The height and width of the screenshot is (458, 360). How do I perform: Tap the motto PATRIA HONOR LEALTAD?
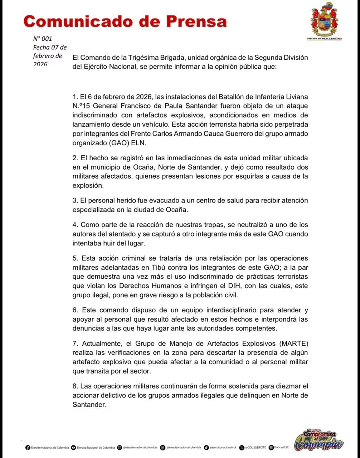click(x=324, y=38)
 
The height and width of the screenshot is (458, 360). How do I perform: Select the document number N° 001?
click(x=43, y=39)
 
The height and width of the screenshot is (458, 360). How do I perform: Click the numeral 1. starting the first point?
click(x=75, y=97)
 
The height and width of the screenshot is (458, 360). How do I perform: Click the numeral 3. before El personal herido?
click(x=75, y=201)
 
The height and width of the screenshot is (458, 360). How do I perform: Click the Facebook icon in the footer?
click(x=28, y=448)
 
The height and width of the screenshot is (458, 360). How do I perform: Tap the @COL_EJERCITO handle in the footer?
click(x=256, y=448)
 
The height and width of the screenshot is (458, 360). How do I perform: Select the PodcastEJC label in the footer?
click(x=281, y=448)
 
